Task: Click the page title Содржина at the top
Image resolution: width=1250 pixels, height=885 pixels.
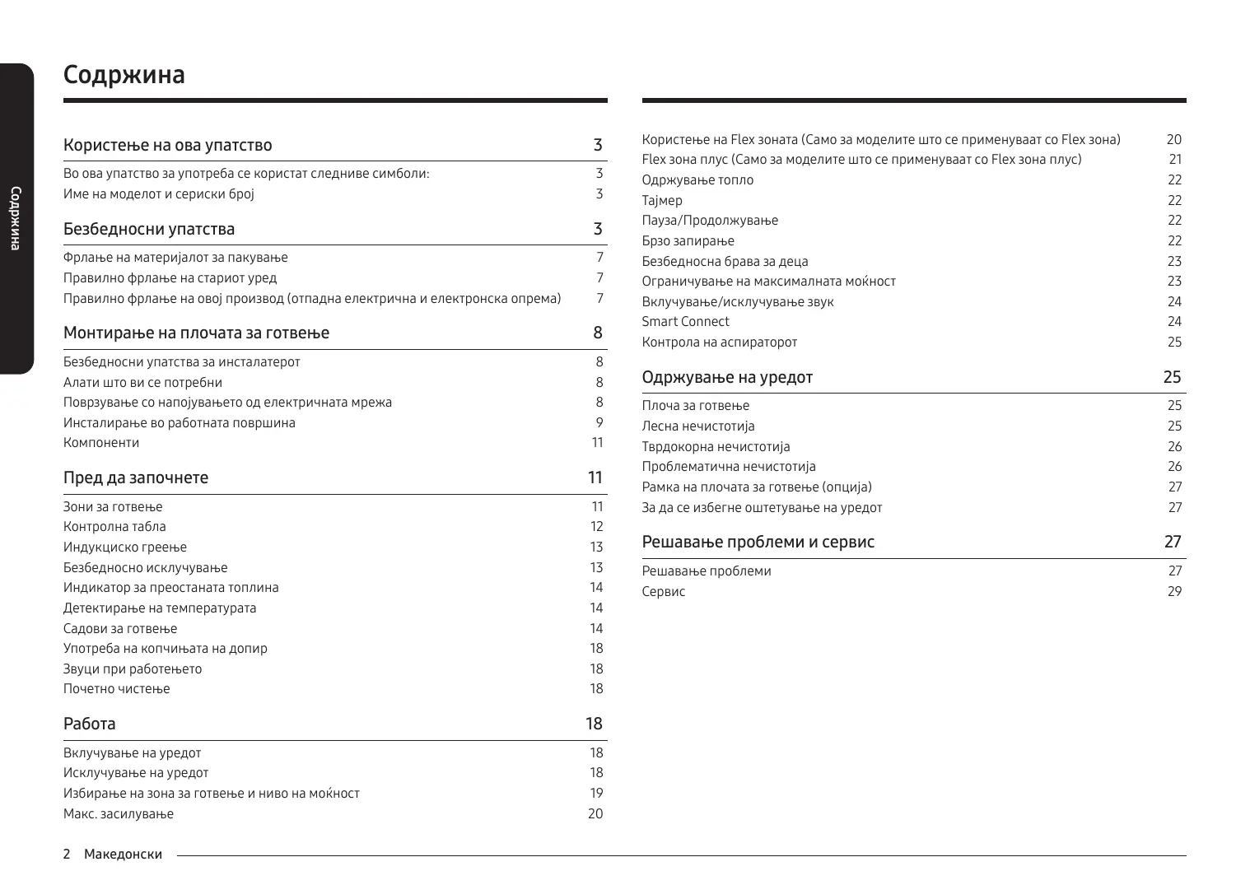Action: (x=124, y=75)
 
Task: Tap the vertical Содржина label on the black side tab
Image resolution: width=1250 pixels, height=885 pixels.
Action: (x=15, y=219)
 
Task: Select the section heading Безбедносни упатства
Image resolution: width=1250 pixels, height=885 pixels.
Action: (x=149, y=229)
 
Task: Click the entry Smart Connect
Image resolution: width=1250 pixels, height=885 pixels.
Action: (x=685, y=322)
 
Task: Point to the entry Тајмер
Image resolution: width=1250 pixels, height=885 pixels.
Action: (x=662, y=201)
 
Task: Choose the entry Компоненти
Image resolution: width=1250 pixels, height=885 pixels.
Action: (x=101, y=443)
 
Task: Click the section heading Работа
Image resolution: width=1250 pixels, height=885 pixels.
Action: (x=90, y=724)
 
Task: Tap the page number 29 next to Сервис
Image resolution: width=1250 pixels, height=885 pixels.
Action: (x=1174, y=592)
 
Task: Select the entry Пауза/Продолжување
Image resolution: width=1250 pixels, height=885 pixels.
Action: (x=710, y=221)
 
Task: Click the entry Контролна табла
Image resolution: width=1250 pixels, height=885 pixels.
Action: (x=114, y=527)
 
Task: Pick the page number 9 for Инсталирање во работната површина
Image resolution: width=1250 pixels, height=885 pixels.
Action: (x=599, y=423)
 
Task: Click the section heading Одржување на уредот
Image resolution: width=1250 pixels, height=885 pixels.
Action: (x=727, y=378)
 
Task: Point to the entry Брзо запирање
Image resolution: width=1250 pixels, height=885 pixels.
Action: (x=688, y=241)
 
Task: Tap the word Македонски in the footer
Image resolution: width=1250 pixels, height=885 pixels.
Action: (x=123, y=855)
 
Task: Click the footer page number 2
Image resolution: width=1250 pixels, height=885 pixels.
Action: (x=67, y=855)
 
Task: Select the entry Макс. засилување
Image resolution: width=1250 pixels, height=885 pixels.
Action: (x=119, y=814)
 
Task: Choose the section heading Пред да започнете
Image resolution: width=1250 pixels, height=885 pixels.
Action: (x=136, y=478)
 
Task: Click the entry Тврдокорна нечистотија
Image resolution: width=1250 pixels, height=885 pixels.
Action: (x=716, y=447)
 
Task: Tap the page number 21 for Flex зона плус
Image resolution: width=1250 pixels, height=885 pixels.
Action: (x=1175, y=160)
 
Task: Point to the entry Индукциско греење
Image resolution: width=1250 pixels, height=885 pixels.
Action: (x=125, y=547)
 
